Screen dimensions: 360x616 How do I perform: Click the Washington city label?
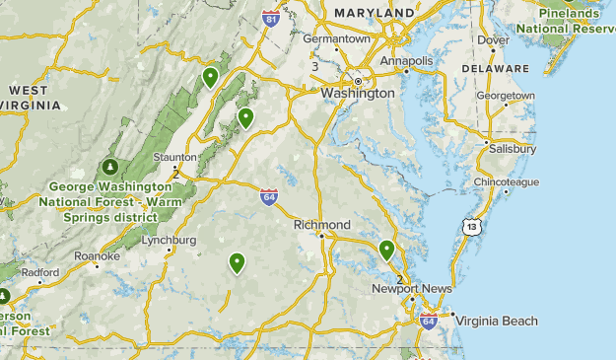click(x=357, y=93)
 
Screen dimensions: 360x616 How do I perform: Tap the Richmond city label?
click(x=321, y=225)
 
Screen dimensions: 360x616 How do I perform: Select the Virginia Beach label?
click(x=496, y=321)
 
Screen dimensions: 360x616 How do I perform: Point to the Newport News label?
click(x=411, y=289)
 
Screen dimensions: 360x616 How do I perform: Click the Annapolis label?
click(x=407, y=61)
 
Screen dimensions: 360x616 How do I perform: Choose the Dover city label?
click(x=493, y=40)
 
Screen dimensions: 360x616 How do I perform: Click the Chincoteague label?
click(x=507, y=182)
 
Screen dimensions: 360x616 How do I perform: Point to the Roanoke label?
click(x=98, y=256)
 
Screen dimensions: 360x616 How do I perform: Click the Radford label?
click(x=40, y=272)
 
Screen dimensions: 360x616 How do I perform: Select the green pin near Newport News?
click(x=386, y=250)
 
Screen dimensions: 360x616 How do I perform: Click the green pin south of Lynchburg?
click(x=237, y=262)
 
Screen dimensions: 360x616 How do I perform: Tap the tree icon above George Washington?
click(x=110, y=167)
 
